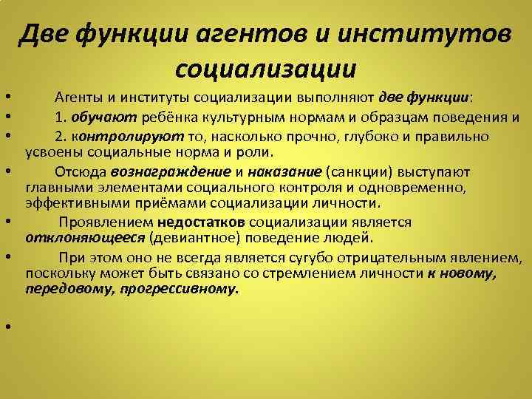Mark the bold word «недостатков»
click(202, 222)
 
